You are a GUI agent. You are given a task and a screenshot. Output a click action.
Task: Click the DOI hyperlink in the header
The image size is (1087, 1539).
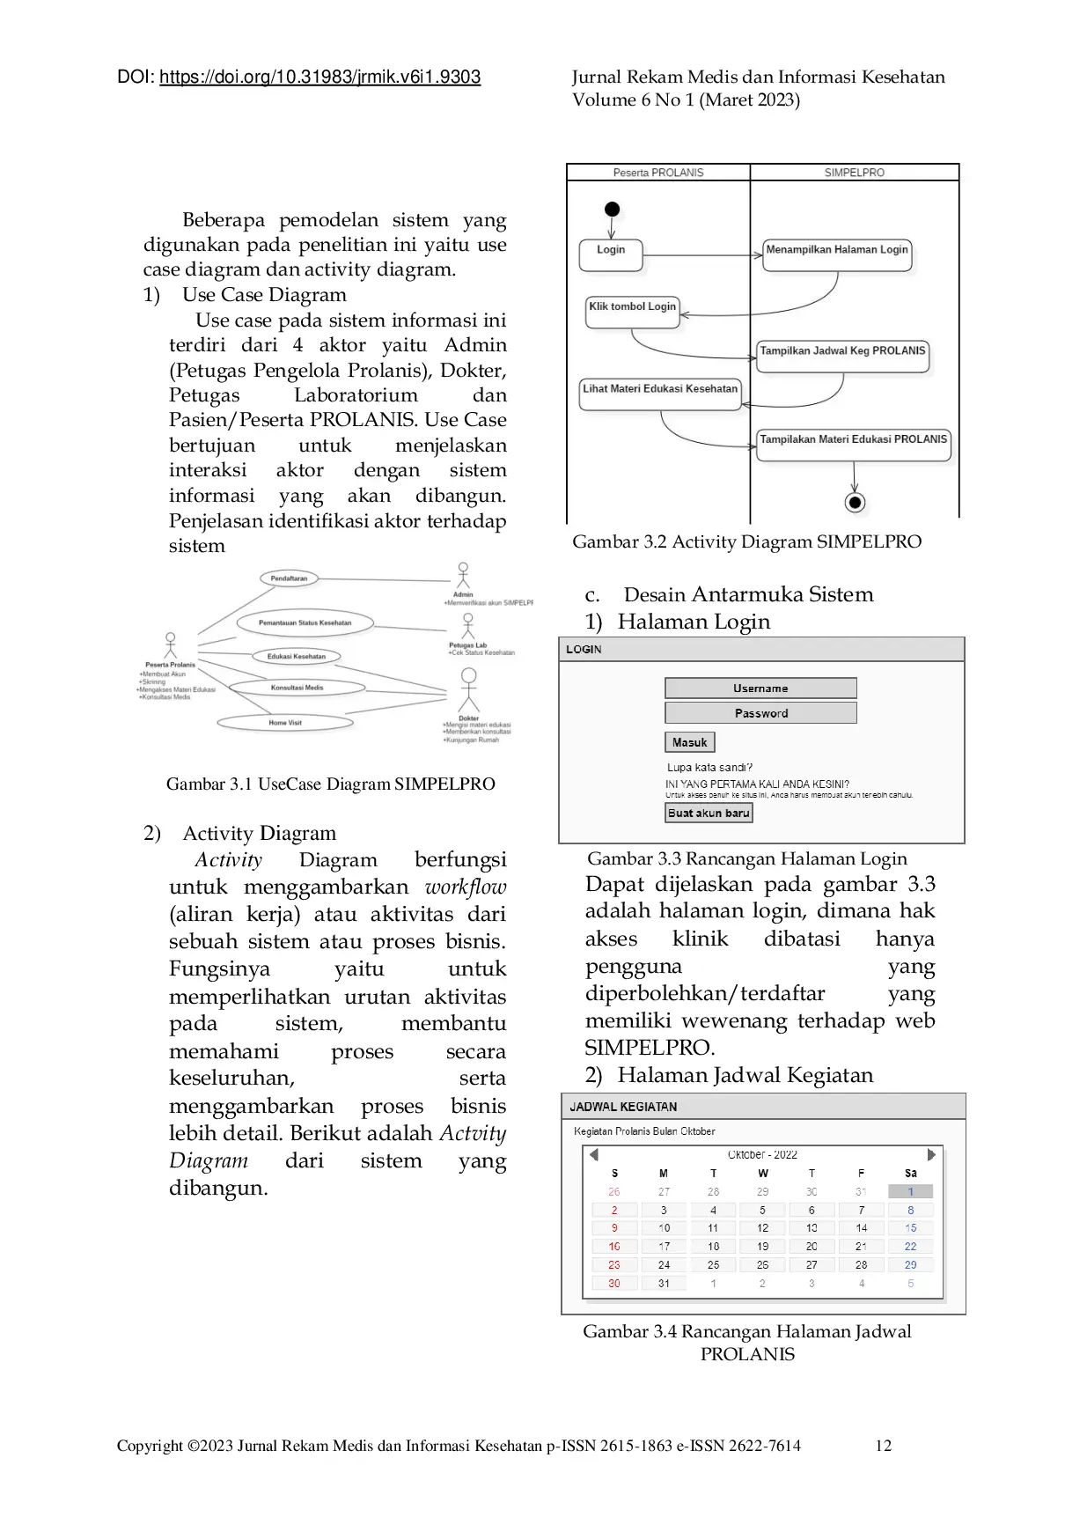(x=319, y=77)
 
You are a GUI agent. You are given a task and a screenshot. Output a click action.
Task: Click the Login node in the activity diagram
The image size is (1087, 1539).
(x=611, y=254)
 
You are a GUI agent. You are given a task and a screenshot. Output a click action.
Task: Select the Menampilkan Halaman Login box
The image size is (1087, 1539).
(x=836, y=254)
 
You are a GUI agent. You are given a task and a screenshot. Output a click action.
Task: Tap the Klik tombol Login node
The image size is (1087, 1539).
(x=632, y=311)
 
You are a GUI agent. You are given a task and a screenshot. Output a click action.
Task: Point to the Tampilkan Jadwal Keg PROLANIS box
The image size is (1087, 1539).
(x=842, y=355)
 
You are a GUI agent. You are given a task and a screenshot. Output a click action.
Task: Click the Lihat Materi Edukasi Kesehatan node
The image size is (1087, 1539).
(x=660, y=393)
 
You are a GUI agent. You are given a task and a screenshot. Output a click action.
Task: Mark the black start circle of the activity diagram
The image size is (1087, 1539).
(x=613, y=210)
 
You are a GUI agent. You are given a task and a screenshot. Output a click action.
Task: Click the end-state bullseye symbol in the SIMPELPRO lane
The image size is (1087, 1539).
(x=854, y=502)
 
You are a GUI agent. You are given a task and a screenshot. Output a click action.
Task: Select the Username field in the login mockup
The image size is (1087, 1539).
(x=760, y=688)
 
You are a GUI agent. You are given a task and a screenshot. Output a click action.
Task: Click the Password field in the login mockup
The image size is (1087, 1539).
(x=760, y=713)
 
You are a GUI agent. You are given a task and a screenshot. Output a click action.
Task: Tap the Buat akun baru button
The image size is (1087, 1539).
(x=709, y=813)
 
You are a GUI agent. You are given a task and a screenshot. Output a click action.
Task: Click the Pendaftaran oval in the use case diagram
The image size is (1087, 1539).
(x=289, y=578)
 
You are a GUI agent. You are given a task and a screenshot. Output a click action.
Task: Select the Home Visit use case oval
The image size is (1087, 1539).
(x=285, y=723)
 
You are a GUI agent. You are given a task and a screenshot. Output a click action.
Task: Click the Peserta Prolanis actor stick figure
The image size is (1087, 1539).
(x=171, y=645)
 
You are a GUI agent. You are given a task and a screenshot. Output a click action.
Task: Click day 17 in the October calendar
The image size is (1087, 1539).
(x=664, y=1246)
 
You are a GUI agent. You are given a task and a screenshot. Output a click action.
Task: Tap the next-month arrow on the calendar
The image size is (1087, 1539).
(x=931, y=1154)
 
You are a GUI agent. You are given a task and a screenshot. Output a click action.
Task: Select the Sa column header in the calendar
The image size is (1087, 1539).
(x=910, y=1174)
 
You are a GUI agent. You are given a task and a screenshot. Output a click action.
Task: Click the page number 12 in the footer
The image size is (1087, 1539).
(x=883, y=1445)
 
